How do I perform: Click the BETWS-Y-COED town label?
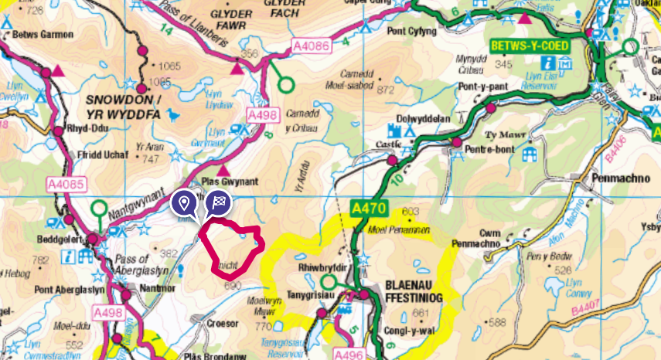(530, 46)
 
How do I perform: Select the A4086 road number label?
(312, 46)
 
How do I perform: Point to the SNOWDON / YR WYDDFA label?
(123, 108)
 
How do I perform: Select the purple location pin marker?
(183, 203)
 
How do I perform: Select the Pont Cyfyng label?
(413, 32)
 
